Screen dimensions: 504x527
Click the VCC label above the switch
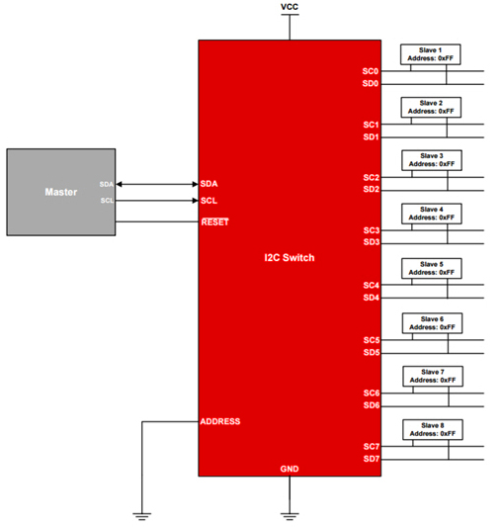[290, 7]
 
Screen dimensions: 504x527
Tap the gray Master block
[61, 192]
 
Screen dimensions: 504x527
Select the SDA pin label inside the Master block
[106, 184]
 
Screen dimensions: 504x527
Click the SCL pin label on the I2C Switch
[209, 201]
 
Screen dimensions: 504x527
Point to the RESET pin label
[214, 222]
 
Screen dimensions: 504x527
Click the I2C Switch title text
[290, 258]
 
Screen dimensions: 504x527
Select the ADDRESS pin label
[220, 421]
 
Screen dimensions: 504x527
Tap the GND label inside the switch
[290, 469]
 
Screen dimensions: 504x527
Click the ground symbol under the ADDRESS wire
[141, 516]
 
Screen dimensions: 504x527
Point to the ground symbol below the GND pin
[290, 516]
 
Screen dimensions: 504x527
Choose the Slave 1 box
[431, 54]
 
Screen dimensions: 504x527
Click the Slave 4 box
[432, 214]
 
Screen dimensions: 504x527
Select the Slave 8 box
[433, 429]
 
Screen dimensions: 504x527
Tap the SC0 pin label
[371, 71]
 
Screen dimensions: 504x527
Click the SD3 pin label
[372, 242]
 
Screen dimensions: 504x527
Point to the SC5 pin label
[372, 340]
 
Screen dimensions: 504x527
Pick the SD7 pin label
[372, 459]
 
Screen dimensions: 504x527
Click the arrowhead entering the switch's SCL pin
[196, 201]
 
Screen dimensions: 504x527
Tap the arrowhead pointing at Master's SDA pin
[119, 184]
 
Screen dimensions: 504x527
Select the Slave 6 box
[432, 323]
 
